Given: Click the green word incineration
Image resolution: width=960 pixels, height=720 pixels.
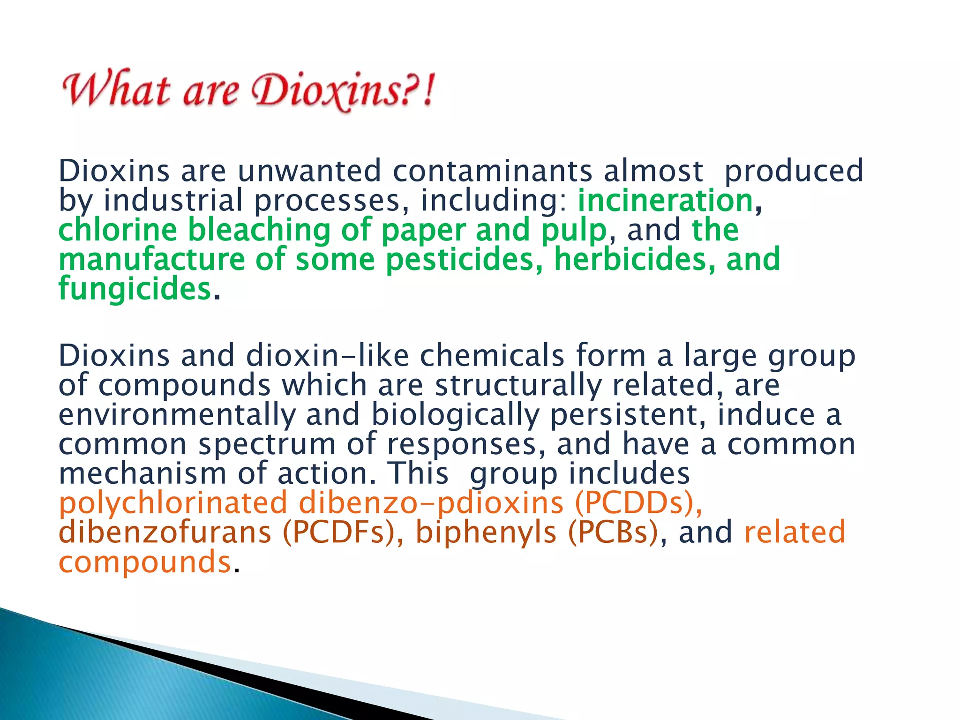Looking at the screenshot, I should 665,200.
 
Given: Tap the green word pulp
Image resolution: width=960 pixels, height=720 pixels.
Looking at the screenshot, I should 574,231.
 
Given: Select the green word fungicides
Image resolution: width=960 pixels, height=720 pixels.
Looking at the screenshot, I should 135,289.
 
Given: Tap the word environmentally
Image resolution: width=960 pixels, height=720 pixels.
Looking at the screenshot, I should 177,415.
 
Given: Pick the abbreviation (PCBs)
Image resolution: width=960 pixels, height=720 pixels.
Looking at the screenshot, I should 613,532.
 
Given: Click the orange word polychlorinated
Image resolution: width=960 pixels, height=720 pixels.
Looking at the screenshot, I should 173,503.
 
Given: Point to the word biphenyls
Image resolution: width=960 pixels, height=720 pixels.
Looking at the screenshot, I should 486,533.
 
